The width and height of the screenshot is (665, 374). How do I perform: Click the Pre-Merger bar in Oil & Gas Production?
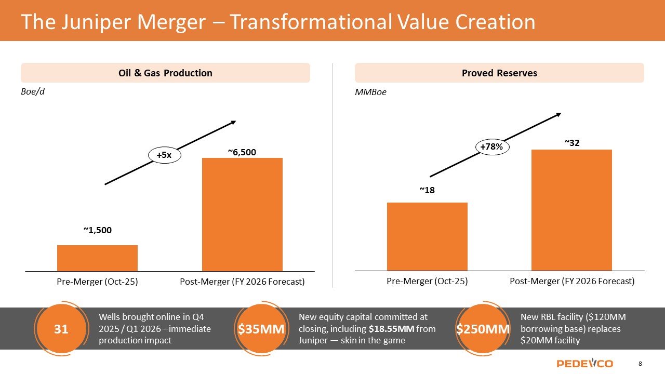pos(97,258)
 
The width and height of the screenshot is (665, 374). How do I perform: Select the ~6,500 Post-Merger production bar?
pos(242,214)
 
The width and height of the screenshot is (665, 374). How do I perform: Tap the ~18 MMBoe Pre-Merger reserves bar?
pos(427,236)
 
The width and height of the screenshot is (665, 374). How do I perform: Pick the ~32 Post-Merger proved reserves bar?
pos(571,210)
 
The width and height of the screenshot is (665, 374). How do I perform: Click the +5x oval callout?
pos(164,155)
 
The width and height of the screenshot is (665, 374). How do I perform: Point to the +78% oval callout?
pos(491,147)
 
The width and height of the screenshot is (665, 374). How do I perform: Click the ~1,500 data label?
pos(98,230)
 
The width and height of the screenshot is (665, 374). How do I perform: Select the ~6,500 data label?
pos(242,152)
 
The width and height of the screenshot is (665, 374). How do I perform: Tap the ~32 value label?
pos(572,143)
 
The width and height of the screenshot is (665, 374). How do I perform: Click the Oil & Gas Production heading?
pos(165,73)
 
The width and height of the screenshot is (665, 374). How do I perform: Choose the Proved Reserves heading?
pos(499,73)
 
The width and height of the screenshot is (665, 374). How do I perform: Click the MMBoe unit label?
pos(371,92)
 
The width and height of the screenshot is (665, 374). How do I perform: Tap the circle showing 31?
pos(61,328)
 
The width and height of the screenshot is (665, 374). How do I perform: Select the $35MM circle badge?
pos(261,329)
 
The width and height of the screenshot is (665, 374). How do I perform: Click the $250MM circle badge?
pos(483,329)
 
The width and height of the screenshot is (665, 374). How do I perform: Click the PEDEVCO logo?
pos(584,363)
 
